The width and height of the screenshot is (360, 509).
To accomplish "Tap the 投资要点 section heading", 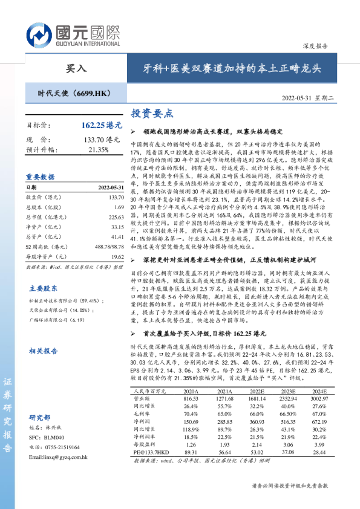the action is (x=152, y=113).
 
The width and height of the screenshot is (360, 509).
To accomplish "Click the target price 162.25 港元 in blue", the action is (x=101, y=126).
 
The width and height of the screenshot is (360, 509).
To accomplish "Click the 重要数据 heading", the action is (x=40, y=177).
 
